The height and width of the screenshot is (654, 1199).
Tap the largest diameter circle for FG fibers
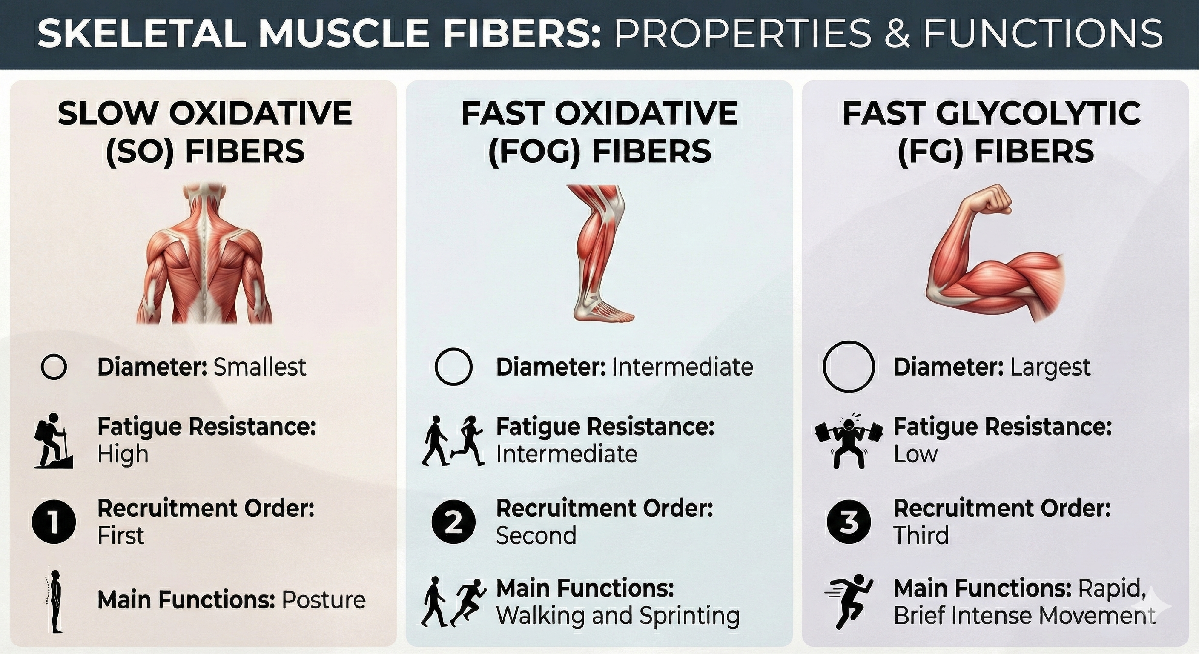pos(849,367)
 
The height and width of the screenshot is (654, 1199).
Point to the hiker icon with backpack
pos(53,440)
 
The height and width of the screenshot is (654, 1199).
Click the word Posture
pos(324,600)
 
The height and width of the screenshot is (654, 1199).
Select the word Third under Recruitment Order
pos(921,535)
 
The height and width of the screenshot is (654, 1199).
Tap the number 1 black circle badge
pos(54,522)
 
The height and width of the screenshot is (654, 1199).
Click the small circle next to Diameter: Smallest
pos(54,367)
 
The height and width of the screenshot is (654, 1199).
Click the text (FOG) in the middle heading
pos(534,152)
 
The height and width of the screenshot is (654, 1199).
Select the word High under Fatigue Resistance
pos(123,454)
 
